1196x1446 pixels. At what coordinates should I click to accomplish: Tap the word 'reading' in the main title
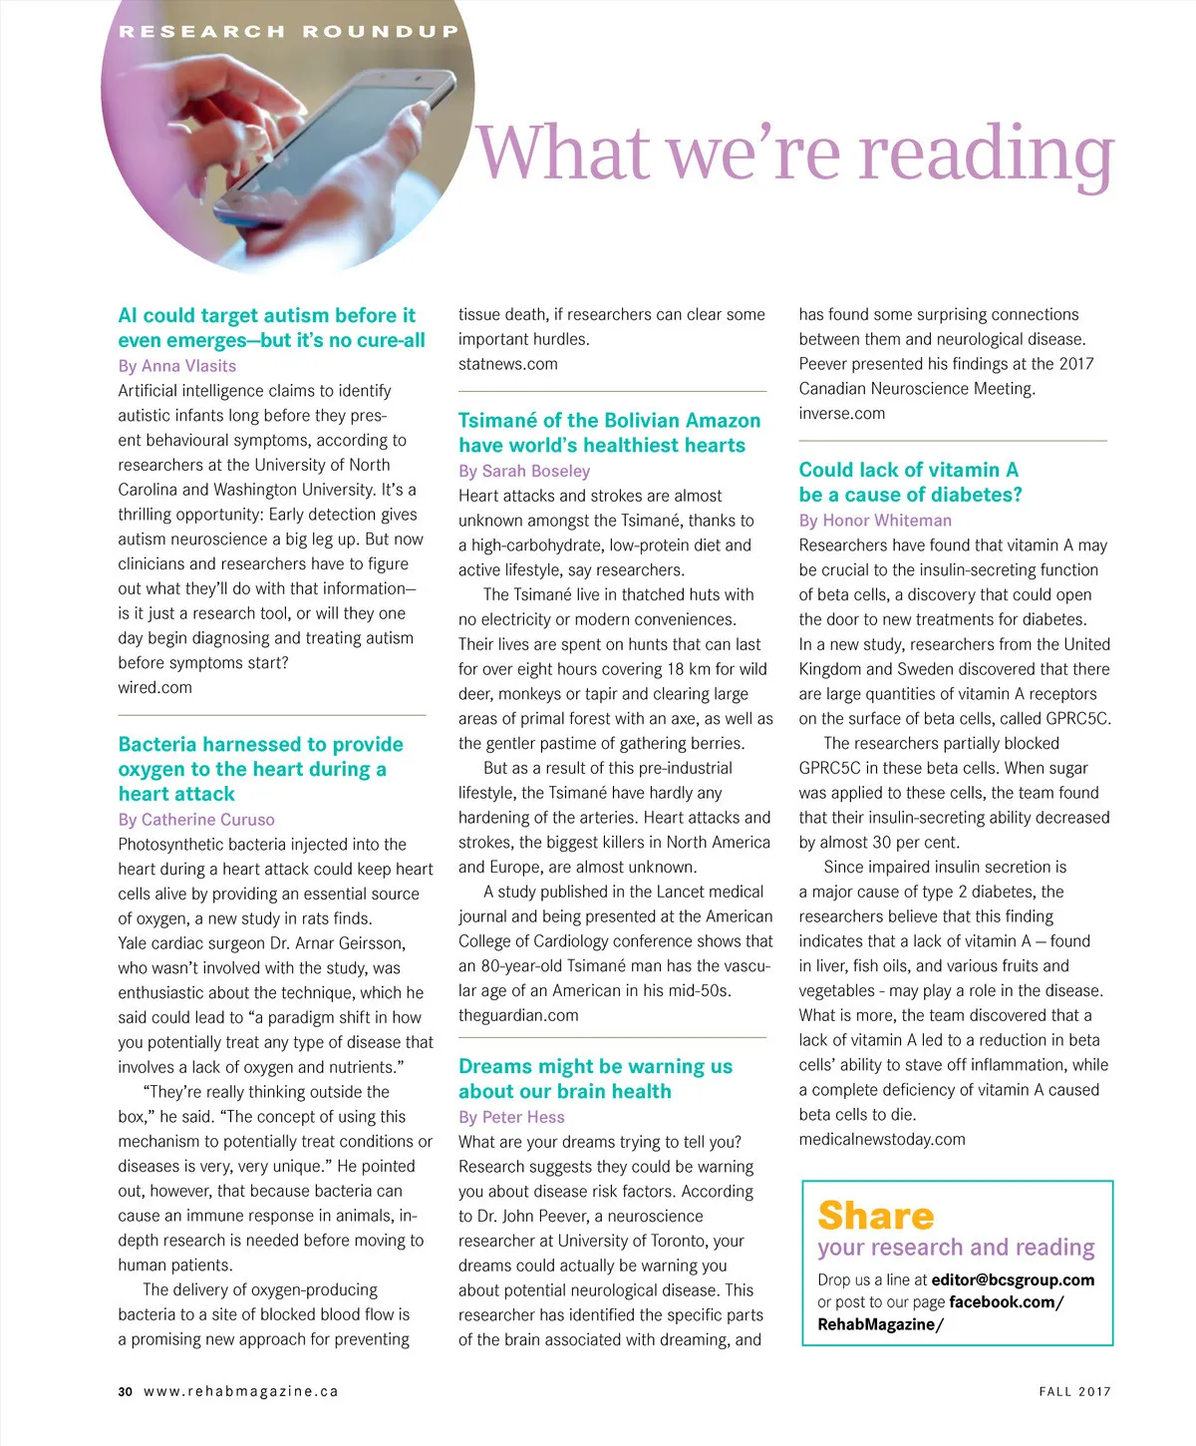(986, 154)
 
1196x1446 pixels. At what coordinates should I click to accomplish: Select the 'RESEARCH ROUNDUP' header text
(288, 32)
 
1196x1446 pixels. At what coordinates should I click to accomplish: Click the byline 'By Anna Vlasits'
(177, 366)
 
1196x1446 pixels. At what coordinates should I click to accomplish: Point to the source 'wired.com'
(154, 687)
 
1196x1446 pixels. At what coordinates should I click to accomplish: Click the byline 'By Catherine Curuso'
(196, 820)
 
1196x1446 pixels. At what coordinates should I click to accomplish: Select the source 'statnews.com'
(508, 364)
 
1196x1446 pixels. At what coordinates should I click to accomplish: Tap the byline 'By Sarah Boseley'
(524, 471)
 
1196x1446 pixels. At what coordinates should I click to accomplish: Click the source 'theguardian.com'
(518, 1015)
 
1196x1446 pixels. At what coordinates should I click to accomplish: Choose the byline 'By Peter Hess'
(511, 1117)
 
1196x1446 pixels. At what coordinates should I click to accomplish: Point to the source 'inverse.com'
(841, 413)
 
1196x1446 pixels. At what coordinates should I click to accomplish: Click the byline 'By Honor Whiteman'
(875, 521)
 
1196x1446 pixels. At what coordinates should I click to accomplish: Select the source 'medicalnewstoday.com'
(882, 1139)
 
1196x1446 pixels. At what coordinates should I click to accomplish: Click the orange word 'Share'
(875, 1216)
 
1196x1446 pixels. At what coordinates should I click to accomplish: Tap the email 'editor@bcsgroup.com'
(1013, 1279)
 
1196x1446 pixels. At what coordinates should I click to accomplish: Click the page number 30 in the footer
(125, 1391)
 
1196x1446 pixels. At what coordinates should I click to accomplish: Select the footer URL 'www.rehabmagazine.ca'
(241, 1391)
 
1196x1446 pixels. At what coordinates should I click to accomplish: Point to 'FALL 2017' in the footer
(1074, 1391)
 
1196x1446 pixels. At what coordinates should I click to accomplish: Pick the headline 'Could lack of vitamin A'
(908, 470)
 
